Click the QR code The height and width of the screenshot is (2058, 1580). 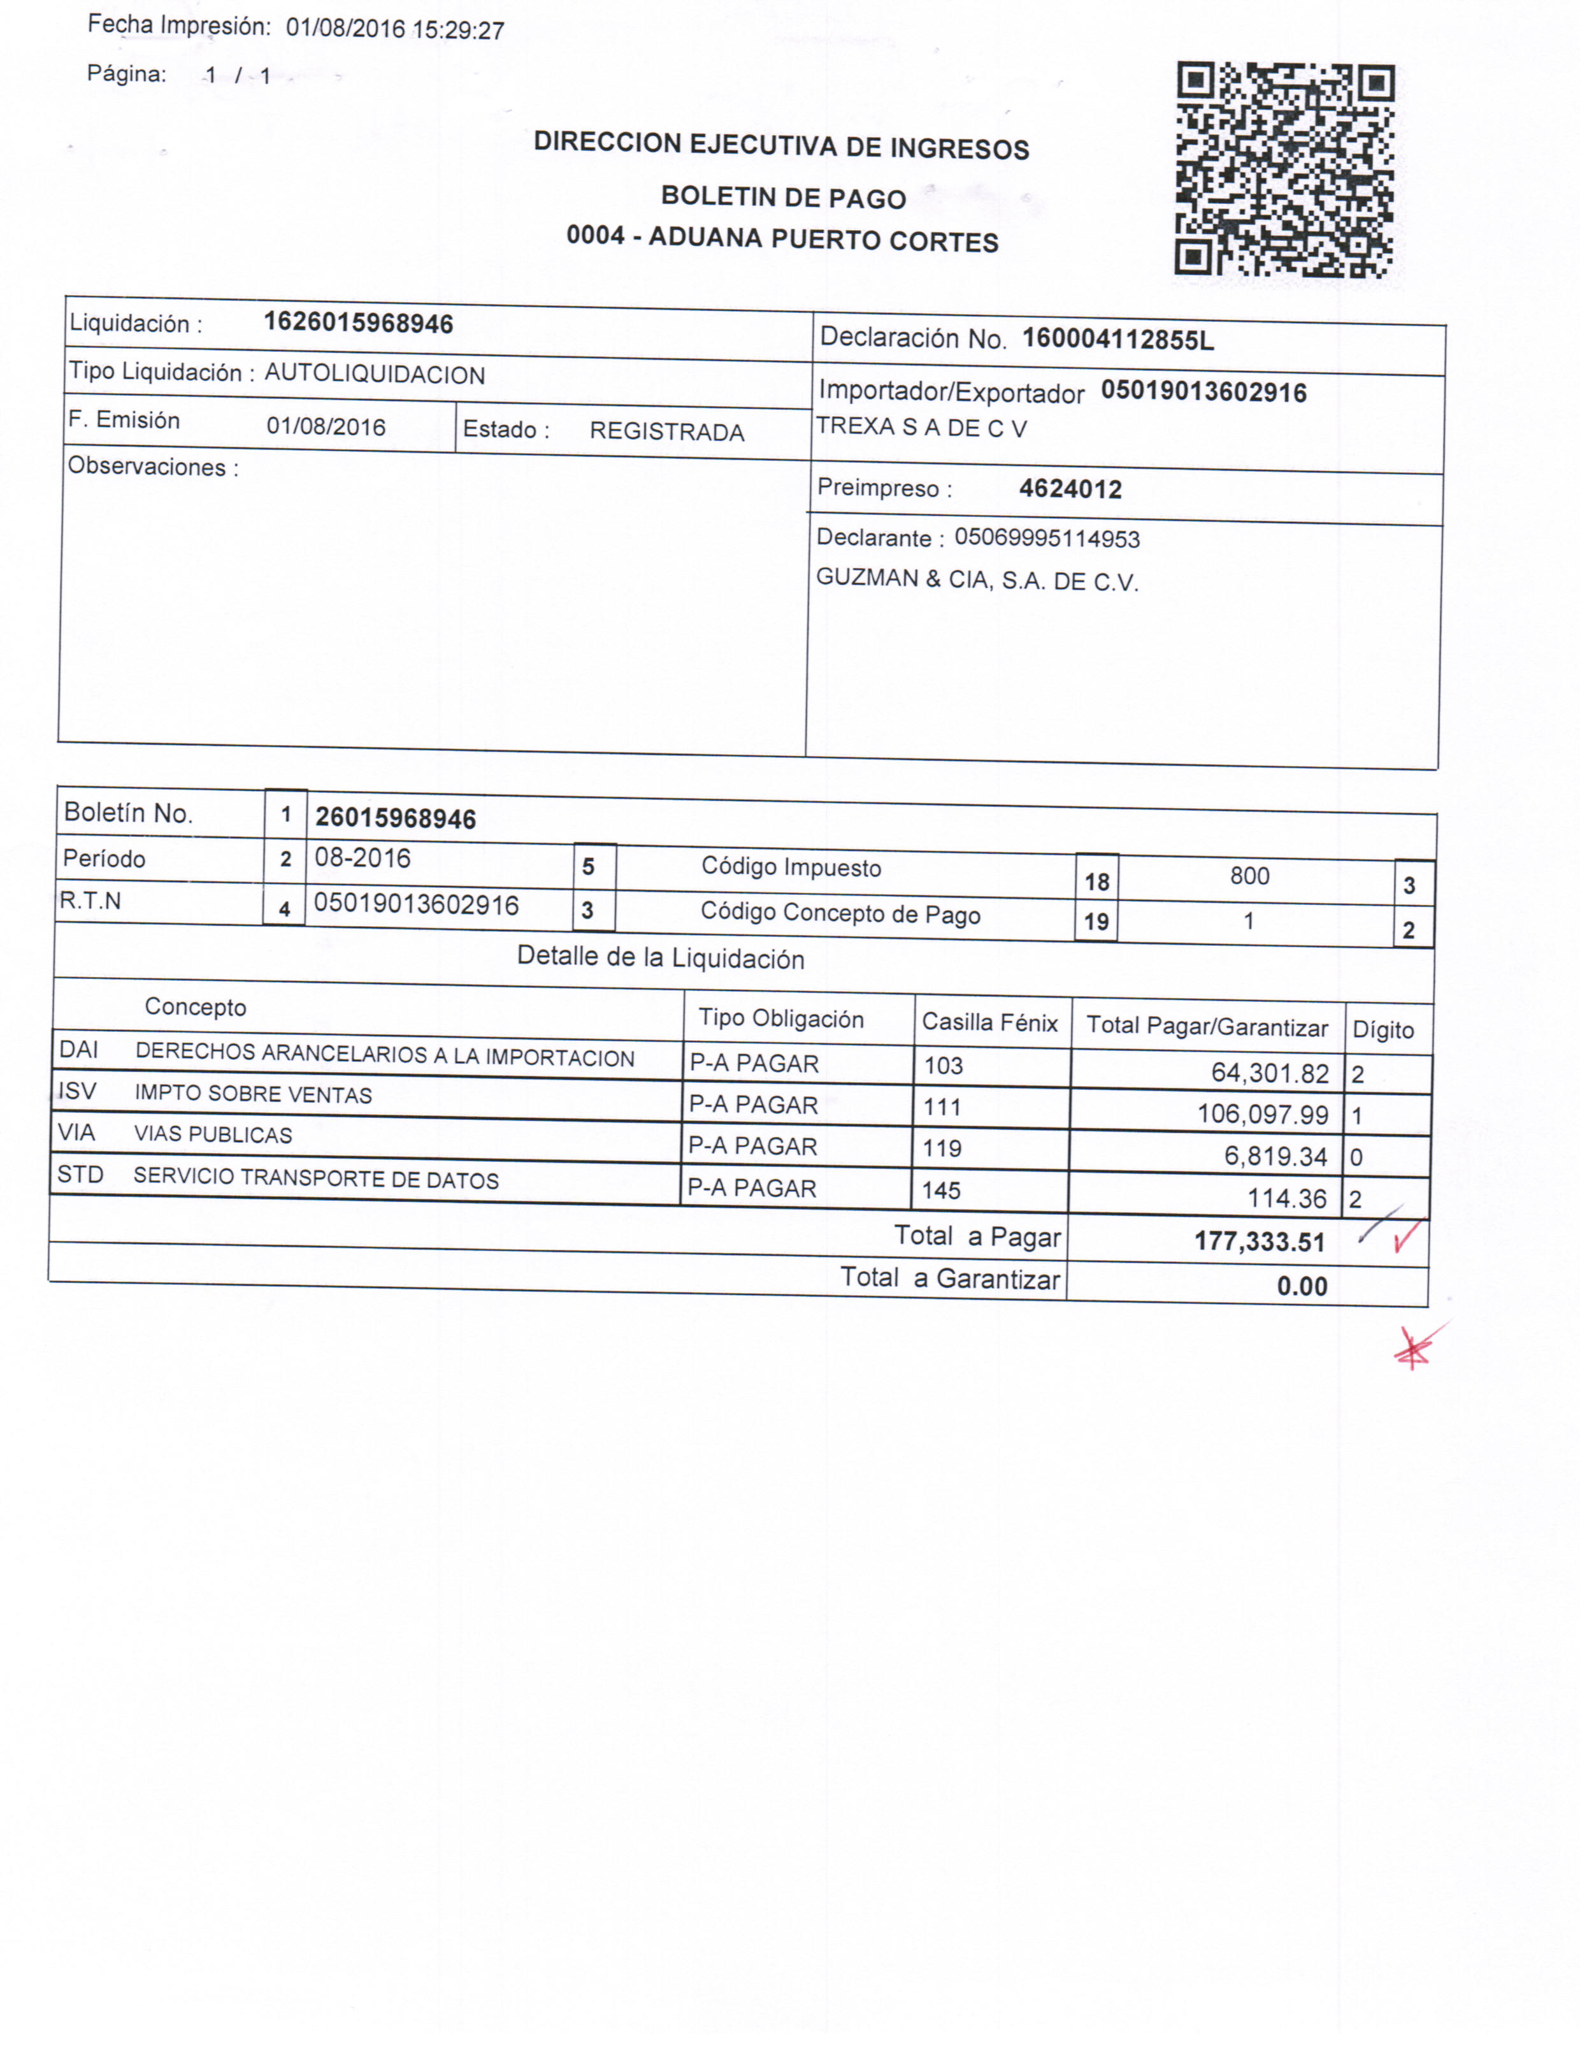pyautogui.click(x=1284, y=170)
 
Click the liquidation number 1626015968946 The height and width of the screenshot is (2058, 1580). pyautogui.click(x=358, y=324)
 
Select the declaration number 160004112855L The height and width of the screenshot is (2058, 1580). pyautogui.click(x=1117, y=340)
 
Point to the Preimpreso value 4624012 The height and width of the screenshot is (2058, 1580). pyautogui.click(x=1070, y=489)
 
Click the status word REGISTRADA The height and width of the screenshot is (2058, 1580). pyautogui.click(x=667, y=431)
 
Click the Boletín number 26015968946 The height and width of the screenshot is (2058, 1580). pyautogui.click(x=395, y=818)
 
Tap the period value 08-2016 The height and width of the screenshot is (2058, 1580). pyautogui.click(x=362, y=859)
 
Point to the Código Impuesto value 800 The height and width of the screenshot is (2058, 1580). pyautogui.click(x=1249, y=876)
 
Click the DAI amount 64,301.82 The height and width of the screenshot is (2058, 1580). pyautogui.click(x=1270, y=1073)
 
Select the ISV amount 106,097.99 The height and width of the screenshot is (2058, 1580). pyautogui.click(x=1262, y=1115)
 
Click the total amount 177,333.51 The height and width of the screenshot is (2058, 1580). pyautogui.click(x=1260, y=1242)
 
